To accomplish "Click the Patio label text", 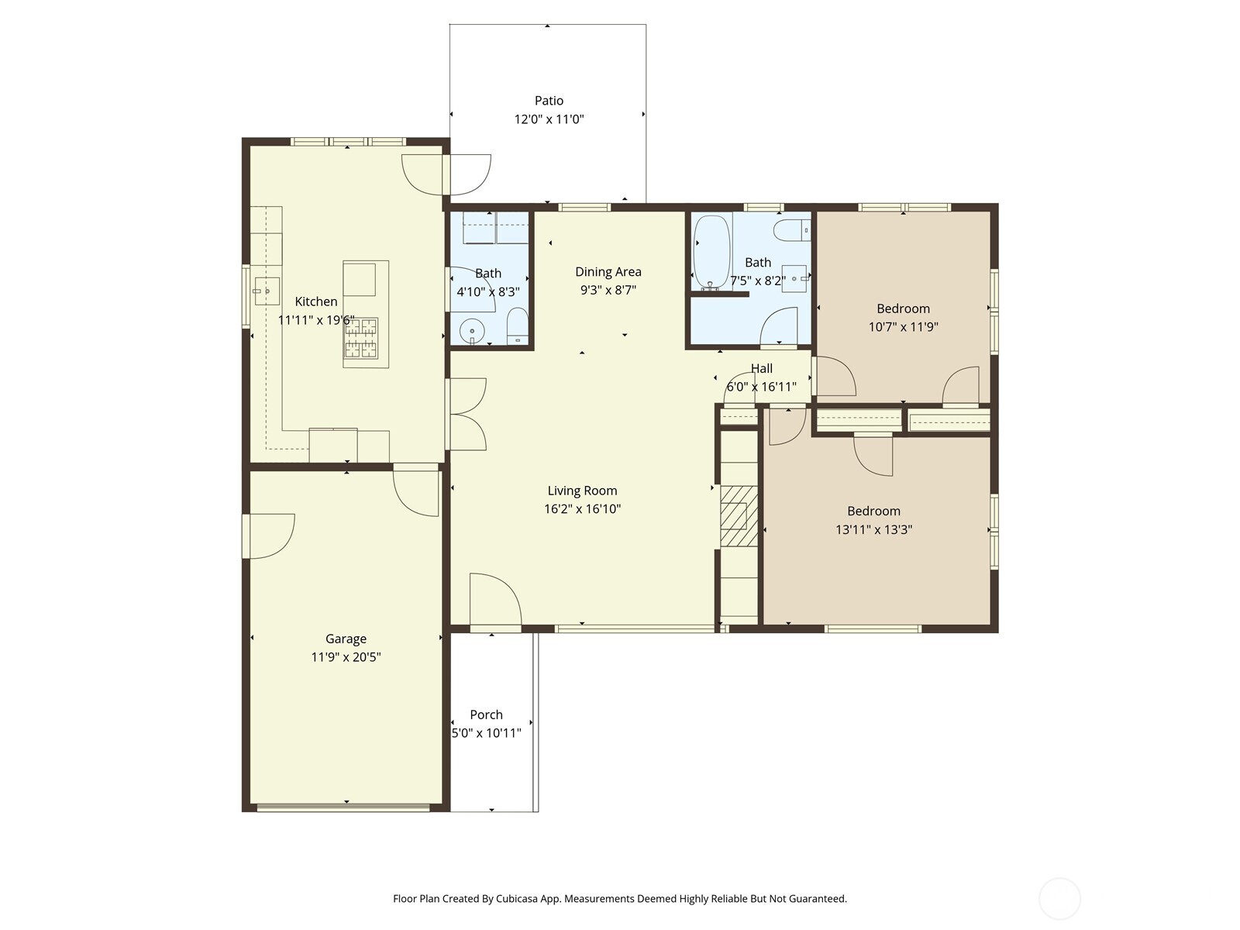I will click(549, 101).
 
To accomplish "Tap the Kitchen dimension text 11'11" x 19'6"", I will click(316, 320).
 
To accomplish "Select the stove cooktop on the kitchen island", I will click(361, 338).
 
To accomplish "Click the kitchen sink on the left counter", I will click(262, 291).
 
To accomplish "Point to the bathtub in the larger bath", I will click(711, 251).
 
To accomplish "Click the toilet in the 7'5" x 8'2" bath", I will click(793, 229).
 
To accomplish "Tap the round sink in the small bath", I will click(471, 332).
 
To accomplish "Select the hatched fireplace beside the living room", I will click(739, 515).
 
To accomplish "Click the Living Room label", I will click(582, 491).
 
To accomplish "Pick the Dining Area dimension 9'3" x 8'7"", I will click(608, 291).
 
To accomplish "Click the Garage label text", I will click(346, 639).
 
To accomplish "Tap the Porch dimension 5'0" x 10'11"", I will click(487, 733).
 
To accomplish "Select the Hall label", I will click(761, 369).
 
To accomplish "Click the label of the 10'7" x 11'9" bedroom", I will click(903, 308).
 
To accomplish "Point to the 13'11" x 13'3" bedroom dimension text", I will click(873, 530).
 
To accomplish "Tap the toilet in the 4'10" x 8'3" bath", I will click(517, 326).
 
